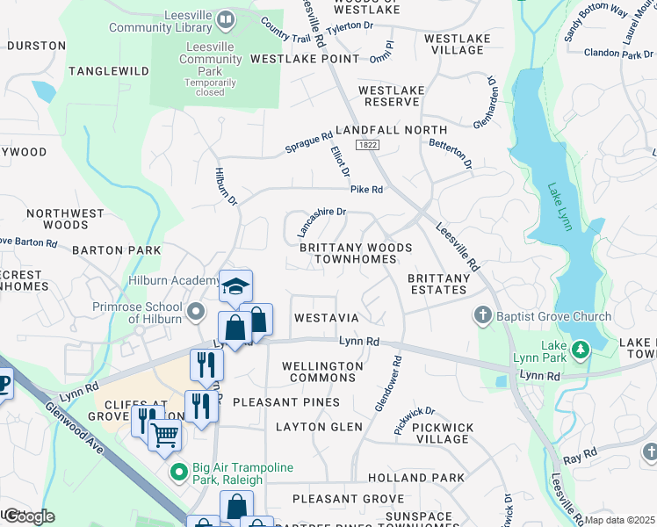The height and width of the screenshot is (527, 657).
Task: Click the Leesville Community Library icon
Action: click(x=226, y=19)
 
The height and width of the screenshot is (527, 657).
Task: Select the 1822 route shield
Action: click(x=368, y=143)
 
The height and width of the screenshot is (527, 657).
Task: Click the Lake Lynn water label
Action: click(x=560, y=207)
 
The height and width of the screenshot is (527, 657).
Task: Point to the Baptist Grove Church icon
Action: click(x=482, y=314)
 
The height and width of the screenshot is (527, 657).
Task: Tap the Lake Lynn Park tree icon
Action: click(x=580, y=350)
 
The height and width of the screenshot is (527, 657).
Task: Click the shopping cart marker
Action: click(x=164, y=434)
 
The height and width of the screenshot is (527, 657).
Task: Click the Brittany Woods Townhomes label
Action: click(x=356, y=255)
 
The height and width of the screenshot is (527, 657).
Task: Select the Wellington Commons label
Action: click(x=322, y=372)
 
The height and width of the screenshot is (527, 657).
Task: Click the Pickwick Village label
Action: click(x=443, y=433)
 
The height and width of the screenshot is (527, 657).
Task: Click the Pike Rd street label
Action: click(x=367, y=189)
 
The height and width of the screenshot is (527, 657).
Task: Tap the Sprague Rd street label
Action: click(x=309, y=143)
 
